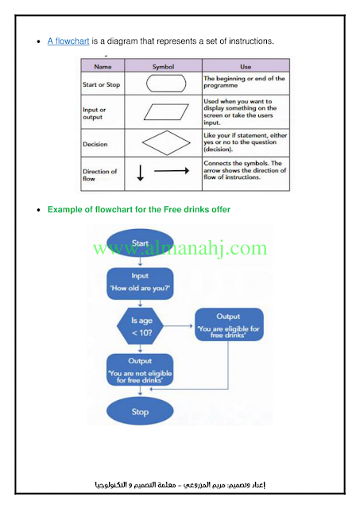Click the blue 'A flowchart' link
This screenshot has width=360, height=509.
[68, 41]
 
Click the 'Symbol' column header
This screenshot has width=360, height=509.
[163, 67]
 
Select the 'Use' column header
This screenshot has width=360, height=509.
[246, 67]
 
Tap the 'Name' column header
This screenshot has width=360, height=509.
[103, 67]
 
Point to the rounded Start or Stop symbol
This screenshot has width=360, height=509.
[166, 84]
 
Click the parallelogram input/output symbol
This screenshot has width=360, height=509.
[166, 112]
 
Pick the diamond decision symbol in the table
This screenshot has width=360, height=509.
[166, 143]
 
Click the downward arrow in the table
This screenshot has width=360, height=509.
[141, 173]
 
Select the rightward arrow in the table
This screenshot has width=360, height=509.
[172, 171]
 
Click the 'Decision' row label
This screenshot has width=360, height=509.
[95, 144]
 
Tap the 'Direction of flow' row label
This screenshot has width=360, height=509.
[99, 175]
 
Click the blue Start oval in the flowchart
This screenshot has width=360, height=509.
[140, 243]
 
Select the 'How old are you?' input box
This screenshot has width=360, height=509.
[140, 283]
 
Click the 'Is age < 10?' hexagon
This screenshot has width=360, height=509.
[140, 326]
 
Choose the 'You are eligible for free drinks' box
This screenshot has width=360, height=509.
[229, 324]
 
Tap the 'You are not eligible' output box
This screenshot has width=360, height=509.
[140, 370]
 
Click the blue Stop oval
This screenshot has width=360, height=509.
[140, 412]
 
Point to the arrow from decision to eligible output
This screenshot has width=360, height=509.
[178, 326]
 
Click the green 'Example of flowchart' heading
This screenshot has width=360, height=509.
[139, 210]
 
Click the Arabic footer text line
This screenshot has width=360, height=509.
[180, 485]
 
